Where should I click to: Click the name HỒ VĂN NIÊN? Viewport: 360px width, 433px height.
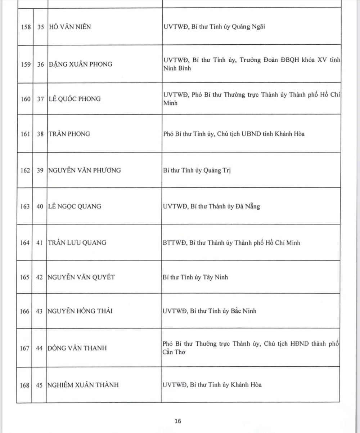click(x=70, y=27)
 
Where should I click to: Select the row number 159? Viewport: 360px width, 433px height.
click(x=25, y=64)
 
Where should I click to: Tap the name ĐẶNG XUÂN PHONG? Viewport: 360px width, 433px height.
click(x=80, y=64)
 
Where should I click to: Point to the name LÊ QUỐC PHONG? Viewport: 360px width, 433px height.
click(x=74, y=99)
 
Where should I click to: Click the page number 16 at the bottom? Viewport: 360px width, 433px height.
click(x=178, y=421)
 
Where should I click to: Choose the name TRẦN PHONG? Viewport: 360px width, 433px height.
click(x=69, y=134)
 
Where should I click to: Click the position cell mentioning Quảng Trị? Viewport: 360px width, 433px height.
click(x=197, y=170)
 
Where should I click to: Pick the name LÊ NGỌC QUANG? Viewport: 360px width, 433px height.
click(x=75, y=206)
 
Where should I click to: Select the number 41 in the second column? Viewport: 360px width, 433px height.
click(x=40, y=243)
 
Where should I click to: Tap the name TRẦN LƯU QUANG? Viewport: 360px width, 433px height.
click(x=77, y=243)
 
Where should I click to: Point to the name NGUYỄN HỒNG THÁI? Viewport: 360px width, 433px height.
click(x=80, y=311)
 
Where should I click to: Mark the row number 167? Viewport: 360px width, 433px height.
click(x=25, y=348)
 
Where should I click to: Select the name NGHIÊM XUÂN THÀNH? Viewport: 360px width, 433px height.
click(x=83, y=385)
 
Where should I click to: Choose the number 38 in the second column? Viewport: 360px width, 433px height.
click(x=40, y=134)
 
